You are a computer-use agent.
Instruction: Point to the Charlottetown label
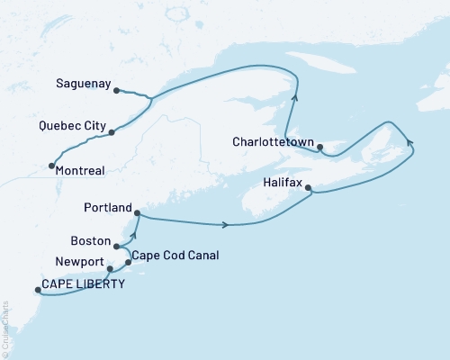click(x=272, y=142)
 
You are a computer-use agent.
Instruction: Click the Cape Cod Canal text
click(x=175, y=255)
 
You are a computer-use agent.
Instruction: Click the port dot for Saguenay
click(x=117, y=90)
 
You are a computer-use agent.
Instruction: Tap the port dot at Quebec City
click(x=112, y=132)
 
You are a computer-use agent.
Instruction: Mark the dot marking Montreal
click(x=50, y=166)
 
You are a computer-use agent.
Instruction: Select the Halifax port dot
click(x=309, y=188)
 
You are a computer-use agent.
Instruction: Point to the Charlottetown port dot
click(x=320, y=148)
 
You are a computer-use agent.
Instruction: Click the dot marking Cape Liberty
click(x=37, y=290)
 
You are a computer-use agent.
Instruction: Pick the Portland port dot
click(x=137, y=212)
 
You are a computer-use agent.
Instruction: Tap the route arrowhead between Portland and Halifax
click(x=226, y=224)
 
